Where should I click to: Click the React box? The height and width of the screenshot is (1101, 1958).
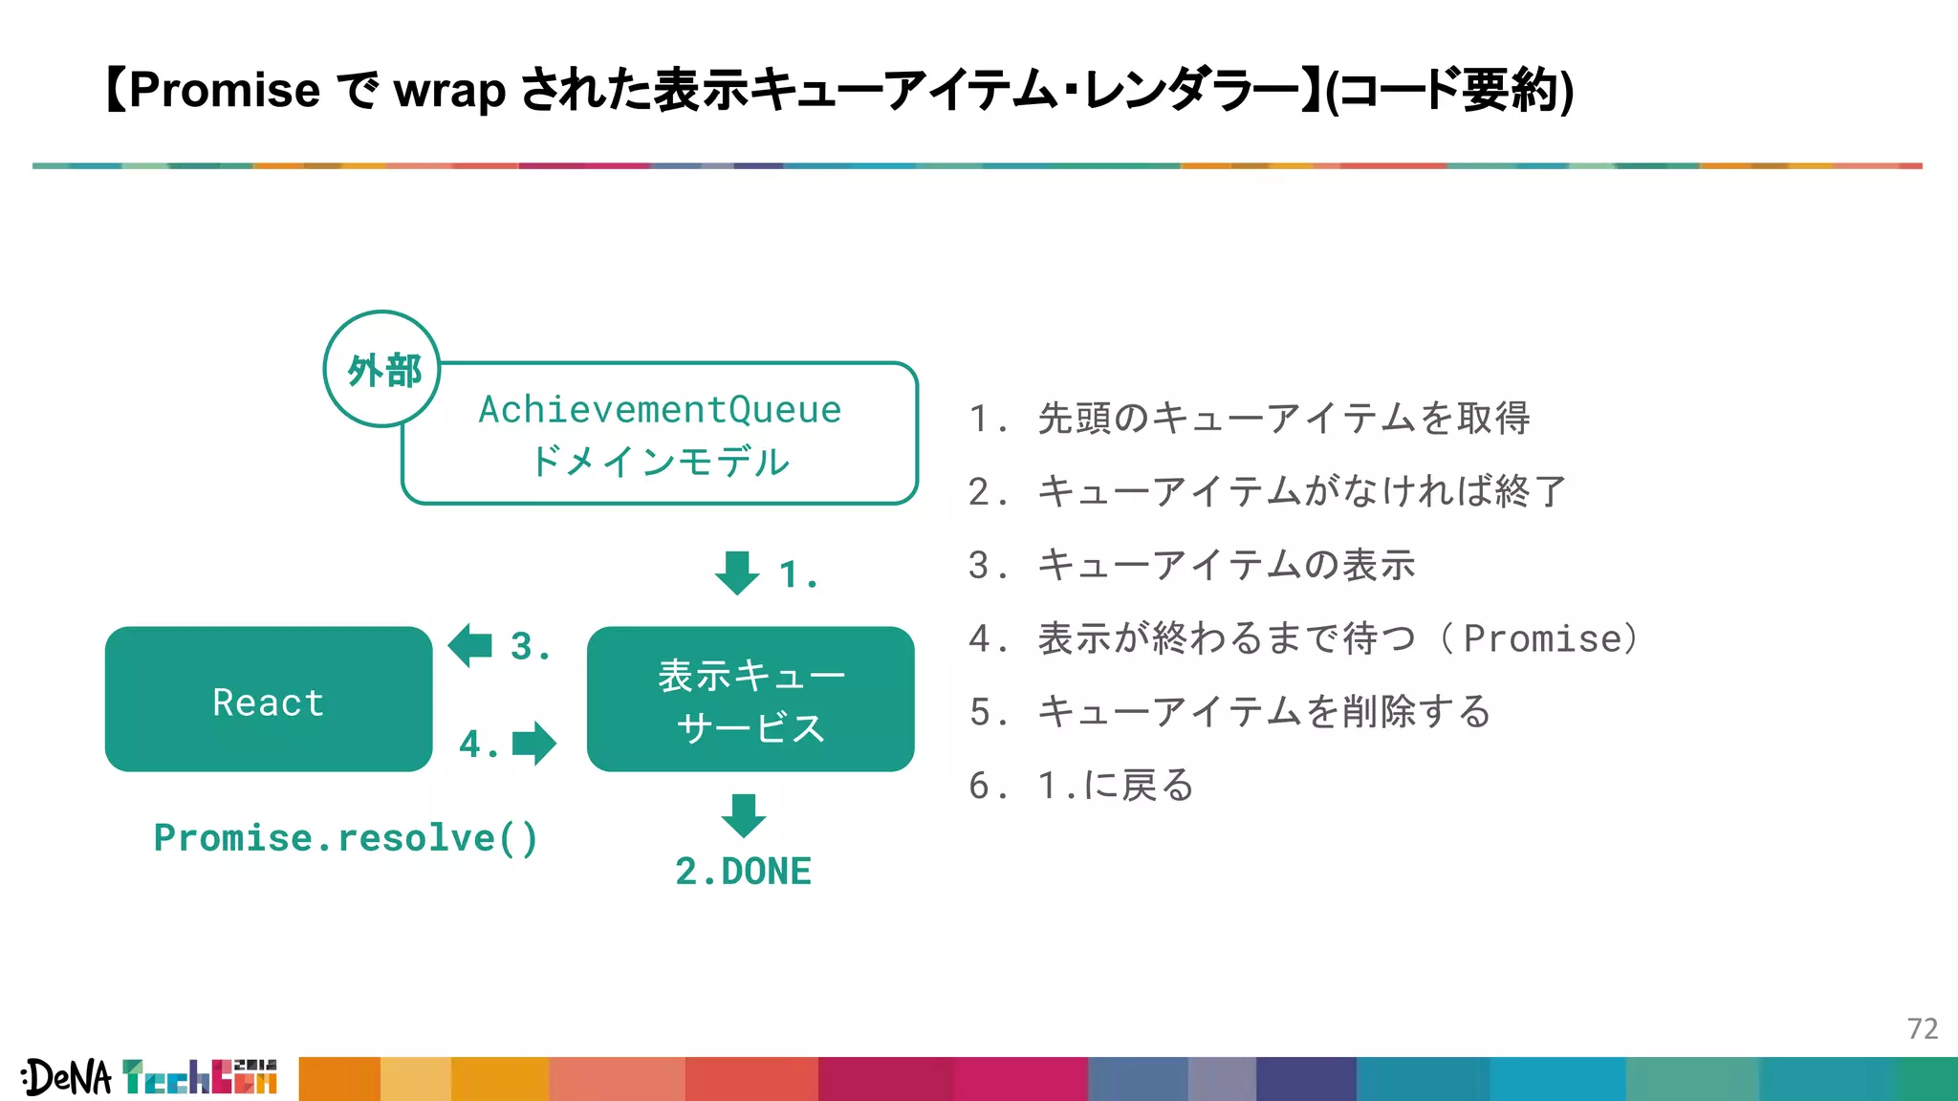(x=269, y=700)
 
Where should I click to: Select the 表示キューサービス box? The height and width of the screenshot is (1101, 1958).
(x=751, y=700)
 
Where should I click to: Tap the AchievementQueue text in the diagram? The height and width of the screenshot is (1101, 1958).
(x=660, y=410)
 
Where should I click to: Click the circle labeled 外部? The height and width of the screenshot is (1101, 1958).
(x=382, y=369)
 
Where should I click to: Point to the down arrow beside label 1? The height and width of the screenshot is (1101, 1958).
(x=737, y=572)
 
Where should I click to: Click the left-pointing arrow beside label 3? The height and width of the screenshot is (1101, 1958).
(x=470, y=645)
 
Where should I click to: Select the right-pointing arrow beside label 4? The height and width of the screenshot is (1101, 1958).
(x=533, y=744)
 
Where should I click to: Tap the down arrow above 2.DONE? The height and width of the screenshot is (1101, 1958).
(x=744, y=815)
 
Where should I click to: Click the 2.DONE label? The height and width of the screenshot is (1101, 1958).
(x=743, y=872)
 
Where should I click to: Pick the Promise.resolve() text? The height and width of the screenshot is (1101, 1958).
(x=346, y=838)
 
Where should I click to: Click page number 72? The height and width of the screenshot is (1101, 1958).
(x=1922, y=1029)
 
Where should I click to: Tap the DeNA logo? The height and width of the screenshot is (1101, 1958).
(x=67, y=1078)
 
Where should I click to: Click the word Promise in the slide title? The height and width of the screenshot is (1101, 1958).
(x=225, y=91)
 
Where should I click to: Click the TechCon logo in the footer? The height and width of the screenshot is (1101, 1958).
(x=200, y=1077)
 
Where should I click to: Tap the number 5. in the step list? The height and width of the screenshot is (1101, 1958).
(x=987, y=712)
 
